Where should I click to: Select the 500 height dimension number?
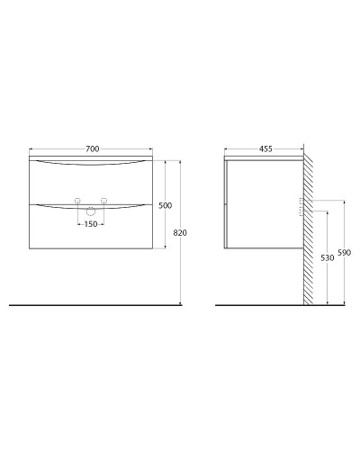164,206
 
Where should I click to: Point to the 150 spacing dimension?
90,225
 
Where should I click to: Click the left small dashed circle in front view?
77,200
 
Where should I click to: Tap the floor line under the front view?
90,305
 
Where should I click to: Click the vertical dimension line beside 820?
184,261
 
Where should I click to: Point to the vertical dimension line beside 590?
342,270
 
